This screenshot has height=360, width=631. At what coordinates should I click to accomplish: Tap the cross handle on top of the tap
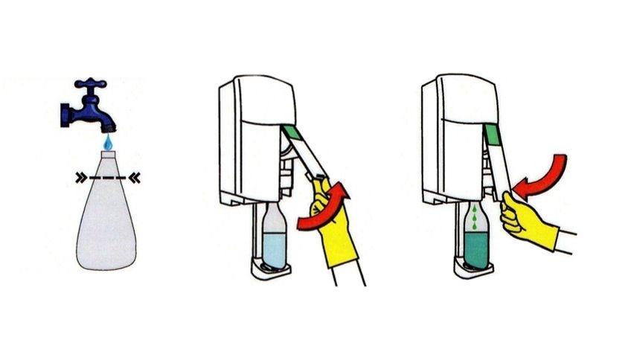click(91, 83)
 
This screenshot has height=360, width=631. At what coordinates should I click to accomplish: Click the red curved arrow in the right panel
click(542, 176)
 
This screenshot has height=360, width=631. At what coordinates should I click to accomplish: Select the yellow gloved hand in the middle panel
click(332, 223)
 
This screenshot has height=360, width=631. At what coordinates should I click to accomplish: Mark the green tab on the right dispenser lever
click(491, 134)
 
